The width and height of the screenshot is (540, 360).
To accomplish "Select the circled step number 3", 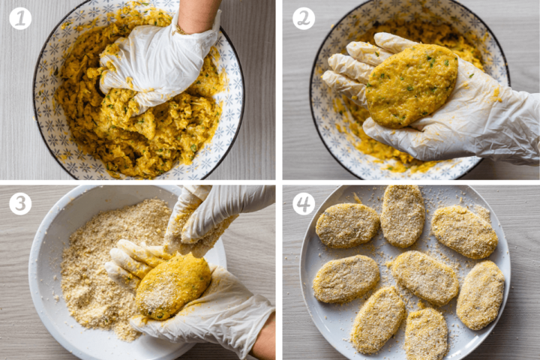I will point(20,203).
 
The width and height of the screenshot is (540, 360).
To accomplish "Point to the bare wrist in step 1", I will point(196,15).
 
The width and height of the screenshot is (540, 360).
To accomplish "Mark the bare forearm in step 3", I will point(264,345).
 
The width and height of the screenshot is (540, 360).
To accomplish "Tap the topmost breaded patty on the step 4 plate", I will point(403,215).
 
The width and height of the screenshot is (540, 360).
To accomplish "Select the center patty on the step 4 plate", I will point(424,277).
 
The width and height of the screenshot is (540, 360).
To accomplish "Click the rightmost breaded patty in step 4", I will point(481,295).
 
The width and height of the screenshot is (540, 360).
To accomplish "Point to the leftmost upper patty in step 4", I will point(346,225).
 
